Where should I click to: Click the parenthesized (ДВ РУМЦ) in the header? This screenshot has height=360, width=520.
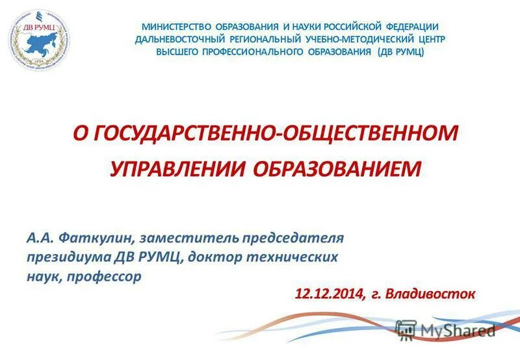tap(401, 51)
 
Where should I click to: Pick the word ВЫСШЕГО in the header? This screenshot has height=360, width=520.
tap(178, 51)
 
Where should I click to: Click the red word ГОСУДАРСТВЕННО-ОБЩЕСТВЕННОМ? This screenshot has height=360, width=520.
tap(277, 134)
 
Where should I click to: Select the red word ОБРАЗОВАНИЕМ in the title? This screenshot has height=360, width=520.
tap(336, 168)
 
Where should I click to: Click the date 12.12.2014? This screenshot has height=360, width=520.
tap(330, 294)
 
